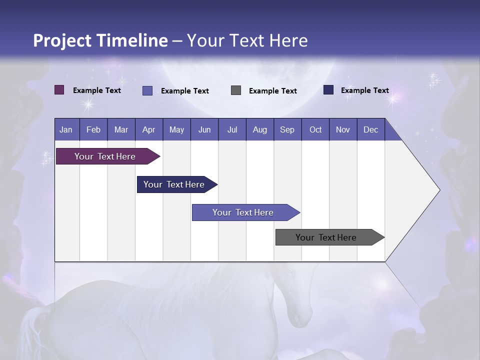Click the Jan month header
66,129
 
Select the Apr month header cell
149,129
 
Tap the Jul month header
232,129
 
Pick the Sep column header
287,129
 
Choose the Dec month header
370,129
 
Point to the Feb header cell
93,129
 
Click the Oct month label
315,129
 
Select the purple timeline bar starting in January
105,156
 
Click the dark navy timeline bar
174,184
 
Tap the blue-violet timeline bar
243,212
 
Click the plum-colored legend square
59,90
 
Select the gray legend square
236,90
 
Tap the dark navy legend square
328,90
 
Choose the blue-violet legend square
147,90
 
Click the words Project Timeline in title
100,40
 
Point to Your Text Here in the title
247,40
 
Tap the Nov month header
343,129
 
